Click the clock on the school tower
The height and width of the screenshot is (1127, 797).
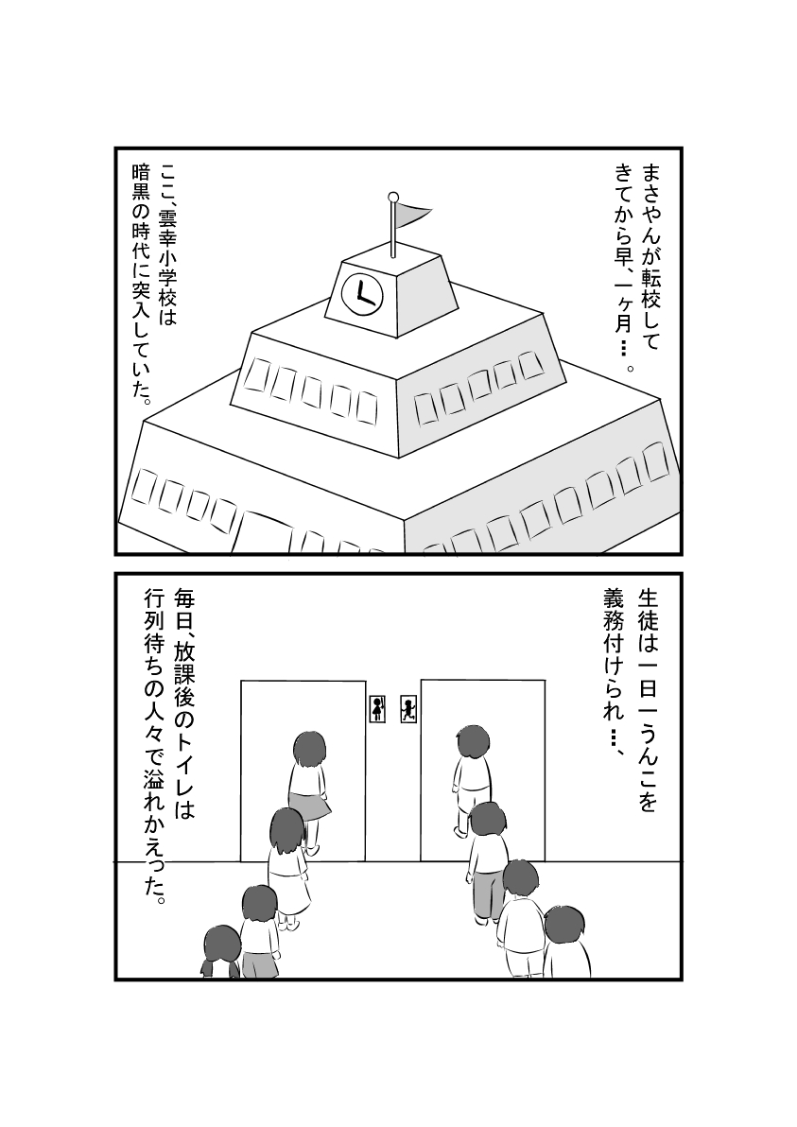[361, 293]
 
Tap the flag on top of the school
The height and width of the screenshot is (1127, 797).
[413, 216]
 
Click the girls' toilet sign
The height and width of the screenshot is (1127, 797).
[378, 709]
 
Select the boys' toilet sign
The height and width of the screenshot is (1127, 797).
[407, 709]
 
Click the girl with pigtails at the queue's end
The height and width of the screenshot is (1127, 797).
[221, 950]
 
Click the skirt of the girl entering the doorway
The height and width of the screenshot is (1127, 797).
[310, 806]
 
